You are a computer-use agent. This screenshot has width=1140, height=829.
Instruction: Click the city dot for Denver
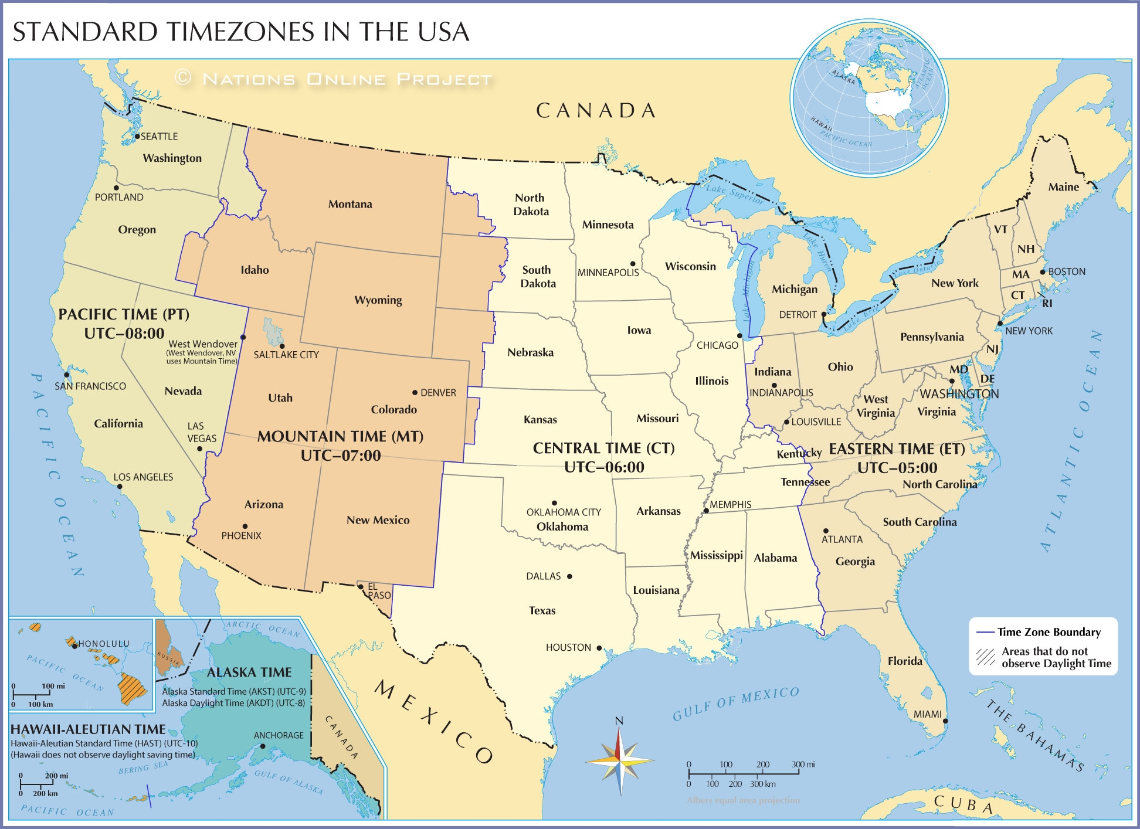[415, 392]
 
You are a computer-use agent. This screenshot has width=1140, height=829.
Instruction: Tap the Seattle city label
[159, 137]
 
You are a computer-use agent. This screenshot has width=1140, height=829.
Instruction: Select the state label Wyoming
[378, 300]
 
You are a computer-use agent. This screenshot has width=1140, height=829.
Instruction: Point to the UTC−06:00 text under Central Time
[604, 467]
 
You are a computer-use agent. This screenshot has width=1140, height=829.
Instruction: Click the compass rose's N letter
[619, 721]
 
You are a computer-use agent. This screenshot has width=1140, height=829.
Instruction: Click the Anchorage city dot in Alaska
[263, 746]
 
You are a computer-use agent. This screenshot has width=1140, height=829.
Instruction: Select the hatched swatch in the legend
[985, 657]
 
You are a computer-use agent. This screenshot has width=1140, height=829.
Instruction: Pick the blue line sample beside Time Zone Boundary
[985, 633]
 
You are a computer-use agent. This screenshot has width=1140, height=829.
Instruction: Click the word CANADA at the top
[596, 111]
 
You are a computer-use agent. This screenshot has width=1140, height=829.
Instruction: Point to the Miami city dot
[945, 721]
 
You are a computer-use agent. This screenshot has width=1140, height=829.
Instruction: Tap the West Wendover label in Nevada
[203, 344]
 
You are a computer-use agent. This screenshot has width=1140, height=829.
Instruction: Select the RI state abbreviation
[1047, 304]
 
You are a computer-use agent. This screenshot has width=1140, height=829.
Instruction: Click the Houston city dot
[599, 648]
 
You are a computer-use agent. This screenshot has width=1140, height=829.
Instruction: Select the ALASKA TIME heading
[249, 672]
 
